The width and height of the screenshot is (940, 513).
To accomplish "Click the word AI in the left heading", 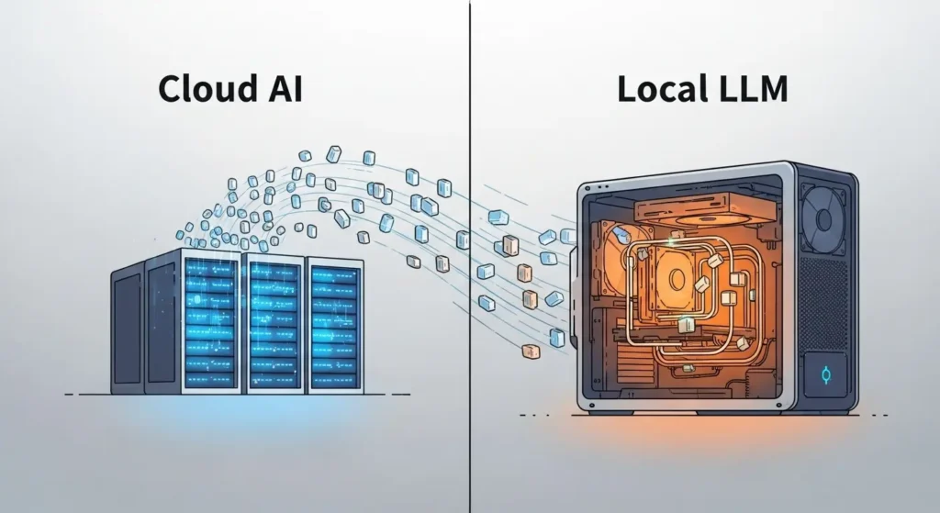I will coord(280,89).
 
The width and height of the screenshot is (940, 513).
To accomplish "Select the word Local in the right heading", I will coord(663,89).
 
